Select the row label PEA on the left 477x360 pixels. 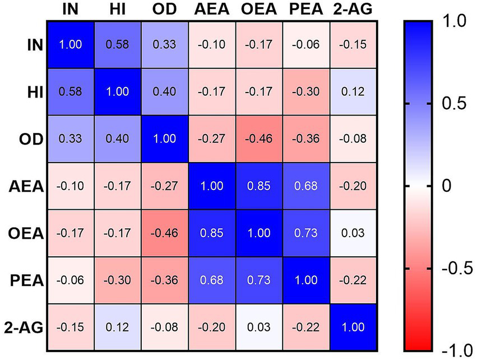(27, 279)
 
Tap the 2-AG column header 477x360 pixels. (354, 10)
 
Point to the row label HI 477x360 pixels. (35, 91)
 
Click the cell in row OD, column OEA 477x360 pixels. (259, 139)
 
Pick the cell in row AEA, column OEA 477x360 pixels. (259, 186)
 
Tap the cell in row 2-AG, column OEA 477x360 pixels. (259, 327)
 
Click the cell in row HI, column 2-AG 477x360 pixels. (354, 91)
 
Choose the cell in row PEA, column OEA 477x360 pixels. (259, 280)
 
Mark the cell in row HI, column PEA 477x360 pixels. (307, 91)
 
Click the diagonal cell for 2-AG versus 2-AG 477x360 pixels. (354, 327)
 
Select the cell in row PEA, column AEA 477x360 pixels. (211, 280)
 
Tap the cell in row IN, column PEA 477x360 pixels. (307, 44)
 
